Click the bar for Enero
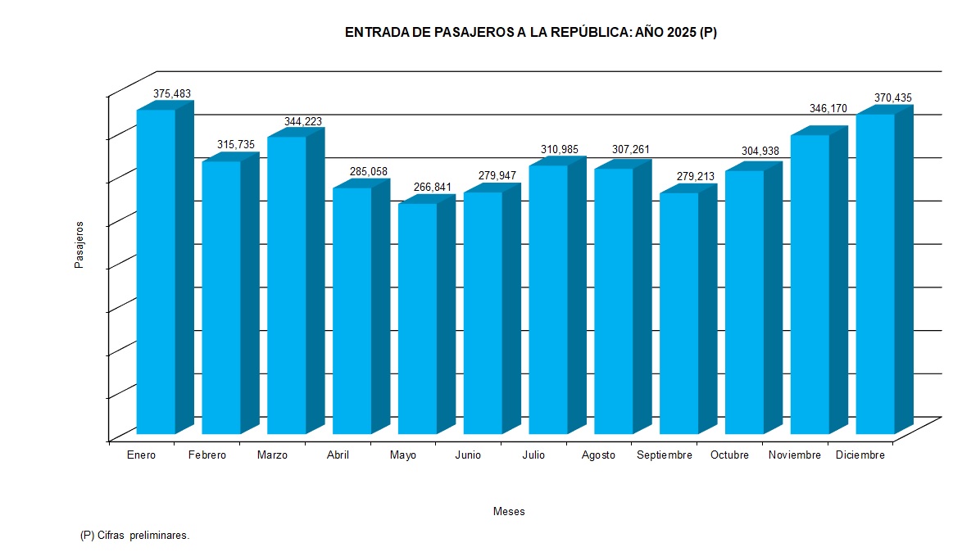(156, 270)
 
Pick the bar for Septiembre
(678, 313)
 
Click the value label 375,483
(172, 94)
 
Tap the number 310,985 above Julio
(560, 149)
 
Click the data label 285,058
(369, 171)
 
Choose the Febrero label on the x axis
(206, 455)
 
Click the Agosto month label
(598, 455)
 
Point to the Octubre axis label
(729, 455)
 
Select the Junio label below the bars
(468, 455)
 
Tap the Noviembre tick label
(795, 455)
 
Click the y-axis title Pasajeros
(79, 244)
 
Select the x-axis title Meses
(509, 511)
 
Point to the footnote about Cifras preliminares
(135, 535)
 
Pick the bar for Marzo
(287, 284)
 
